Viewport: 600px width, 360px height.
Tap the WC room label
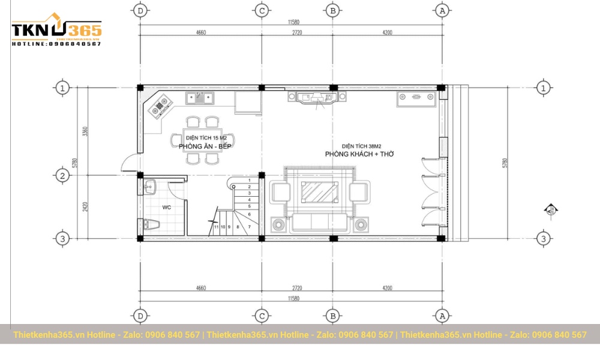tap(167, 208)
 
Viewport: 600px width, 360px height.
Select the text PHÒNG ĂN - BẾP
tap(205, 146)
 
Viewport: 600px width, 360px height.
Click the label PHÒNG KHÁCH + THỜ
tap(359, 154)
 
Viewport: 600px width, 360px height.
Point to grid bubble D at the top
tap(140, 10)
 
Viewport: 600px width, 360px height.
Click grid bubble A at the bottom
tap(442, 315)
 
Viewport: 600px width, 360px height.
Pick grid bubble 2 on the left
tap(62, 176)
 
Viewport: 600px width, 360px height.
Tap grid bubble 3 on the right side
tap(544, 238)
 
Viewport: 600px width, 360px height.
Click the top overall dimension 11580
tap(293, 22)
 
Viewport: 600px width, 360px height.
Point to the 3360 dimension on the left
tap(85, 131)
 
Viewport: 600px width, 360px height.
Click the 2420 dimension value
tap(85, 207)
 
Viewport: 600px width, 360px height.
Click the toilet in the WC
tap(151, 225)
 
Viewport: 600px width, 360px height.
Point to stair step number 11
tap(216, 227)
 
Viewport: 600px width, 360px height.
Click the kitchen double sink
tap(202, 97)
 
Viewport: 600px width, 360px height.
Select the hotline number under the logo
tap(56, 44)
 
